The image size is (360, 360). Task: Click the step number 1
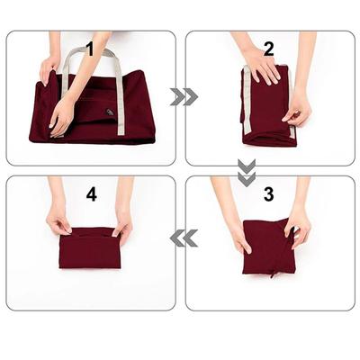(x=89, y=49)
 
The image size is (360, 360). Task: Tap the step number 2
(x=268, y=49)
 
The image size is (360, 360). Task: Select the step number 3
(x=268, y=193)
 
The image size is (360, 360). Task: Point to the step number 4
(x=91, y=193)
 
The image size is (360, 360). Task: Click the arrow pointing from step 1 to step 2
(x=184, y=96)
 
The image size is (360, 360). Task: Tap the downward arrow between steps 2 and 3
(x=247, y=172)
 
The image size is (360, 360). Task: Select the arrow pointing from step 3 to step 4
(x=184, y=238)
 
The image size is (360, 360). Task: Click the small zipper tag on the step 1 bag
(x=109, y=114)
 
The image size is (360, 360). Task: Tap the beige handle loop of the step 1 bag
(x=90, y=58)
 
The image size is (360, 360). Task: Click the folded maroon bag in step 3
(x=268, y=247)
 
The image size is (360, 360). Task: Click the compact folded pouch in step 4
(x=90, y=247)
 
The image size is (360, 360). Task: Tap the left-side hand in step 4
(x=58, y=219)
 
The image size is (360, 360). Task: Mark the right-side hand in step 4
(x=121, y=220)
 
